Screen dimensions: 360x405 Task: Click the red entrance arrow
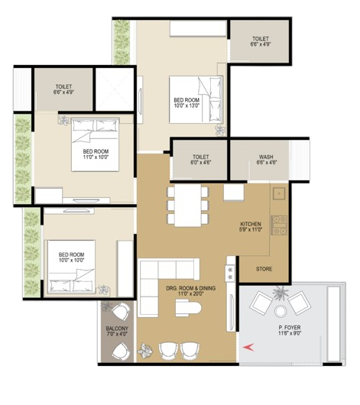point(248,347)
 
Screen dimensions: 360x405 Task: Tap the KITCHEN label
point(251,224)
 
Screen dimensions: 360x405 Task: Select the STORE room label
point(264,269)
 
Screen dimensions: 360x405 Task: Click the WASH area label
point(266,157)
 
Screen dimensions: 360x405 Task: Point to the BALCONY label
point(117,329)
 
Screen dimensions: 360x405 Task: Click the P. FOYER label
point(290,328)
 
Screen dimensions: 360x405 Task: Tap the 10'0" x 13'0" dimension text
point(186,105)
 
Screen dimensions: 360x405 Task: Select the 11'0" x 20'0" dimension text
point(191,293)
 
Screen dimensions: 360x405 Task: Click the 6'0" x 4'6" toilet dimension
point(201,163)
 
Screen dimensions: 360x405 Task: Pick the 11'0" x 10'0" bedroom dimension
point(96,157)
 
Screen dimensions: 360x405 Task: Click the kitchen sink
point(279,193)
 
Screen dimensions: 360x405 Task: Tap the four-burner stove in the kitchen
point(279,225)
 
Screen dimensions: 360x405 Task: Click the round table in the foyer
point(281,311)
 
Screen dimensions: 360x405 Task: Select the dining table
point(188,206)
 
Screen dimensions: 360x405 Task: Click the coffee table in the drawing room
point(188,308)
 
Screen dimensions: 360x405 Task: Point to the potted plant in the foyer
point(281,293)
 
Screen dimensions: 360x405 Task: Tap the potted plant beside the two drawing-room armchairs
point(145,351)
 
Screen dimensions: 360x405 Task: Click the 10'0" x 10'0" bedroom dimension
point(72,260)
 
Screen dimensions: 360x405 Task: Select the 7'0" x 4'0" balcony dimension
point(117,334)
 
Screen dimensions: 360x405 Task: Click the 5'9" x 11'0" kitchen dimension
point(251,229)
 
